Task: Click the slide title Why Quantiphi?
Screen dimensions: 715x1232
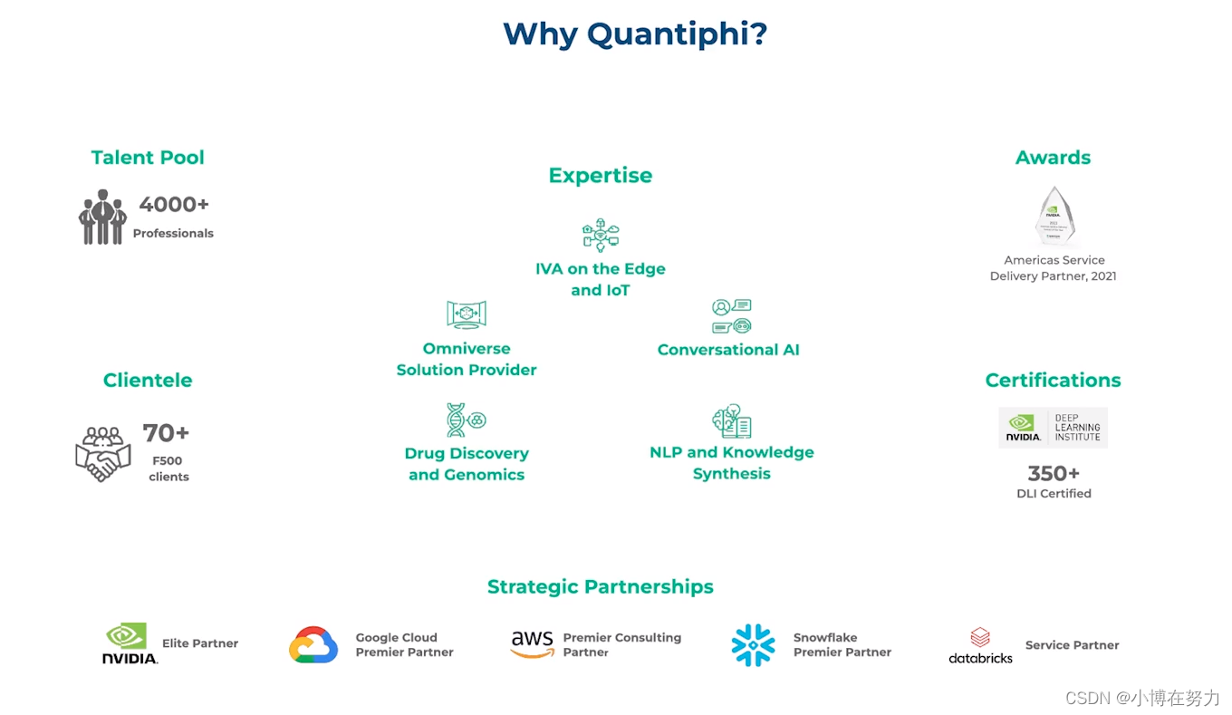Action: coord(635,34)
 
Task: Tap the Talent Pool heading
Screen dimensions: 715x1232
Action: coord(148,158)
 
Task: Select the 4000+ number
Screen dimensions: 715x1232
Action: coord(174,205)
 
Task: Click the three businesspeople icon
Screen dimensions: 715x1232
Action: coord(102,217)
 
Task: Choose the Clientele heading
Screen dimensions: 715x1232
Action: coord(148,381)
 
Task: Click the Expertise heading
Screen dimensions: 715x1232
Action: coord(600,176)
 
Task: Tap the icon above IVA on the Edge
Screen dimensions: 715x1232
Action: coord(601,235)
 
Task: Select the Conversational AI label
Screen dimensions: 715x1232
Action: coord(728,350)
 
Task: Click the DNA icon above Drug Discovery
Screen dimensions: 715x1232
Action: coord(467,420)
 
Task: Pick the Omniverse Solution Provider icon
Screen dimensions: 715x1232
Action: coord(467,314)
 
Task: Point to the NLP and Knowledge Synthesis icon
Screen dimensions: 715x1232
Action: coord(731,420)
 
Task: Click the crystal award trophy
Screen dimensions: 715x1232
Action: coord(1054,216)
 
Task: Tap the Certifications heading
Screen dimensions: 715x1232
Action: coord(1053,381)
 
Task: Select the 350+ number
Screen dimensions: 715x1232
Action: coord(1054,473)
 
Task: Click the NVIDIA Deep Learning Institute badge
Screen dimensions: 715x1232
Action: coord(1053,427)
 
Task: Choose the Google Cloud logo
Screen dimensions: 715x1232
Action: coord(313,644)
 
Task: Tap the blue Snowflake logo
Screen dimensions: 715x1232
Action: coord(754,645)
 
